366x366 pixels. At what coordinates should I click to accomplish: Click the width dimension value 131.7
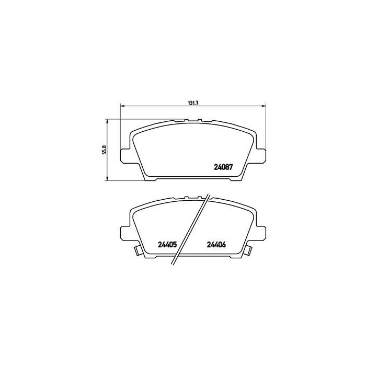tap(192, 102)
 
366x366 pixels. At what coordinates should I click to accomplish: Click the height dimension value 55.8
tap(105, 150)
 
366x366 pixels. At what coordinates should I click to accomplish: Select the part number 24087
tap(223, 168)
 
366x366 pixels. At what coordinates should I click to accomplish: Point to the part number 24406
tap(216, 244)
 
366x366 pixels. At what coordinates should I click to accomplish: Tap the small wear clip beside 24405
tap(139, 251)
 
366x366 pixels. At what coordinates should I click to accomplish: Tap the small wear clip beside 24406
tap(248, 251)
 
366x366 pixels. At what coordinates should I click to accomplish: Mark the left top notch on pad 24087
tap(186, 121)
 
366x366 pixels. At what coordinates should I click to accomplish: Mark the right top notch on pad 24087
tap(199, 121)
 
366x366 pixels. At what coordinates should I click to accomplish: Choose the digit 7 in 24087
tap(231, 168)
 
